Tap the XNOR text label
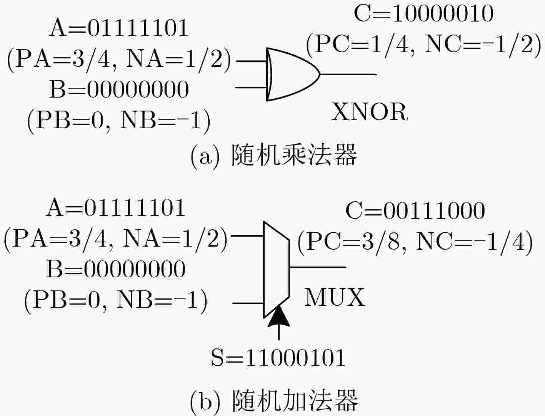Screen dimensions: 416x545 tap(369, 113)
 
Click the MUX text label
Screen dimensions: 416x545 tap(334, 297)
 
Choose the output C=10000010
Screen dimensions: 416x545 tap(423, 14)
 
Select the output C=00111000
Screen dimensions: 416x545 tap(415, 211)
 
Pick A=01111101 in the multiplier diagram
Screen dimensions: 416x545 tap(118, 28)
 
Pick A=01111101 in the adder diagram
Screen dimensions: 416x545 tap(115, 208)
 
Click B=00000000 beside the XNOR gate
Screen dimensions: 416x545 tap(118, 89)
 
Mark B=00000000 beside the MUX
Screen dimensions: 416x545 tap(115, 269)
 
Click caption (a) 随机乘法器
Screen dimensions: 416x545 tap(274, 156)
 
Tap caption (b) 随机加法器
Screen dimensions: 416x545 tap(274, 401)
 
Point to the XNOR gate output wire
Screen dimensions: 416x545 tap(348, 74)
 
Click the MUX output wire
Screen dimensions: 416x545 tap(318, 267)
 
